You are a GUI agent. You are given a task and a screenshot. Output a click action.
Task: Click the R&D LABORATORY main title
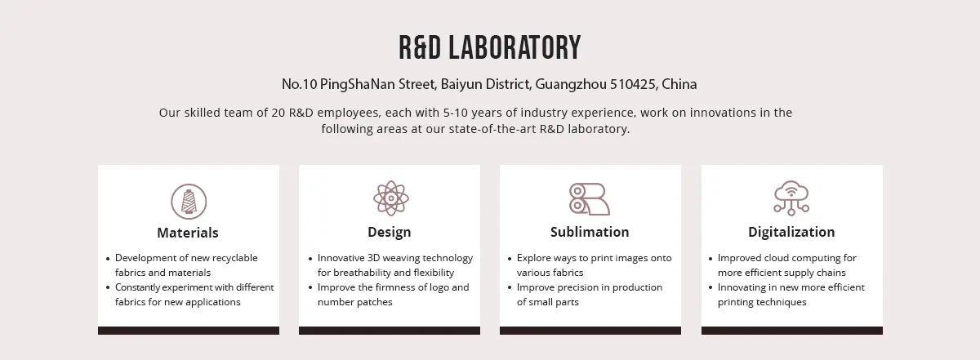[x=489, y=47]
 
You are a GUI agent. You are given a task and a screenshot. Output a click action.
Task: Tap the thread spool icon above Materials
[x=189, y=201]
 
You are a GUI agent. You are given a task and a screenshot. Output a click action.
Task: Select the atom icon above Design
[x=391, y=198]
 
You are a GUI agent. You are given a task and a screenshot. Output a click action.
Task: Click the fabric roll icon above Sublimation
[x=590, y=199]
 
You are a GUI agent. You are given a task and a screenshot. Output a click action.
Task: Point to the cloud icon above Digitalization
[x=791, y=198]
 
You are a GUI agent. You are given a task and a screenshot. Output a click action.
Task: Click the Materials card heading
[x=188, y=233]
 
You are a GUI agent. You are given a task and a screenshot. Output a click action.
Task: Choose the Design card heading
[x=390, y=232]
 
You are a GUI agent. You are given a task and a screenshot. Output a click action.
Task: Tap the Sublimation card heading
[x=590, y=232]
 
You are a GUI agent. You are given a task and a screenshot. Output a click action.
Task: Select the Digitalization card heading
[x=791, y=232]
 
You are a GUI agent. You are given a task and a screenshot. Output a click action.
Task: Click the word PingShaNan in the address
[x=357, y=84]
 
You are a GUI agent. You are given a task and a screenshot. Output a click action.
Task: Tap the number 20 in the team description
[x=278, y=113]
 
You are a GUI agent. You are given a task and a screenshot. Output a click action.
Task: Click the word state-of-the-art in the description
[x=492, y=129]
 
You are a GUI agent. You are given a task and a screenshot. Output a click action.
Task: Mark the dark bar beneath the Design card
[x=390, y=331]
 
